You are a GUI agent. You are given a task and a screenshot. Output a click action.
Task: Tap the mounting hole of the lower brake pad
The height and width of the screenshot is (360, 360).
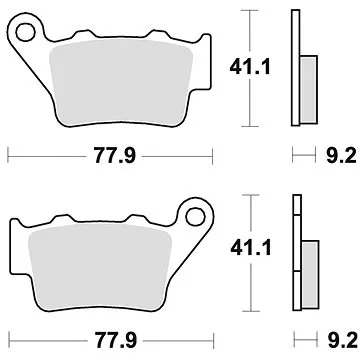click(187, 214)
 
